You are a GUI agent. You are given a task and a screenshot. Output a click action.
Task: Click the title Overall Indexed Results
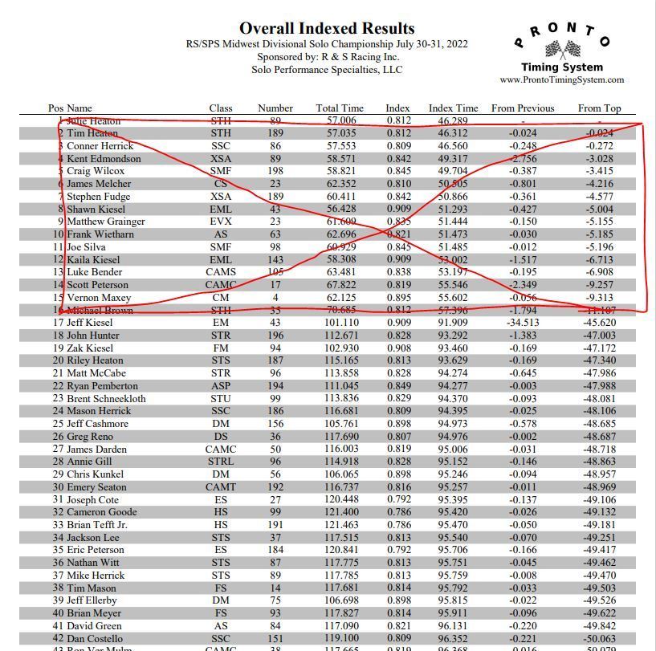(327, 29)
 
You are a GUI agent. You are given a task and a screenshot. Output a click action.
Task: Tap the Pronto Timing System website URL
(561, 79)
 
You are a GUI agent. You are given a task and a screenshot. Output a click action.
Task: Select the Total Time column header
(340, 108)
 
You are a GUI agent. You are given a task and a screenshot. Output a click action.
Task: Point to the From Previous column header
(523, 108)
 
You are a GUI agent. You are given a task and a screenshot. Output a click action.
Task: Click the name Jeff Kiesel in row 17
(90, 323)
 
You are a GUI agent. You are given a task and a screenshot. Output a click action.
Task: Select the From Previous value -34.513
(523, 323)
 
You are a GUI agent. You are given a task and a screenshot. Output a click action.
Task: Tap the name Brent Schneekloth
(106, 398)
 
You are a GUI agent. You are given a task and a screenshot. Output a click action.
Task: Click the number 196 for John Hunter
(275, 336)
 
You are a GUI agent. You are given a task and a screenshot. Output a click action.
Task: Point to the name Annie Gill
(88, 462)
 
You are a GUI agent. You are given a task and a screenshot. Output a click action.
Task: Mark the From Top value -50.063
(601, 639)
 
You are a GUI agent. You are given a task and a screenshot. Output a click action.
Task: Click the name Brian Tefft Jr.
(97, 525)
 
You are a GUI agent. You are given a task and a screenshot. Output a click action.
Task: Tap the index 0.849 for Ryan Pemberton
(398, 386)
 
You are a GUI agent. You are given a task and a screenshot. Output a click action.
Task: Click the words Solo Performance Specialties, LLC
(327, 70)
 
